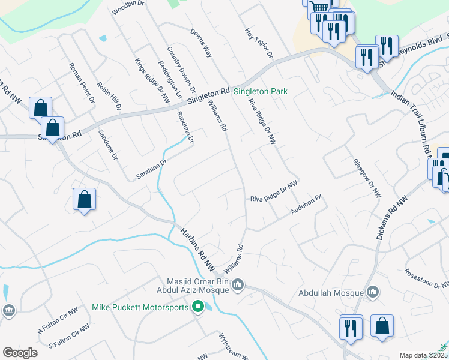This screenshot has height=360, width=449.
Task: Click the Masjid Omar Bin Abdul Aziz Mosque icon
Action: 238,284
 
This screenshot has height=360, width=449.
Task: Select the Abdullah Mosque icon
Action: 373,293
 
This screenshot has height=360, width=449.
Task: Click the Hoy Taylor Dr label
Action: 259,43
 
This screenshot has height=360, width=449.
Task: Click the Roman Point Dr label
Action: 82,83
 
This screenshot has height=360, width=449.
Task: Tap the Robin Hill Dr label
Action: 109,96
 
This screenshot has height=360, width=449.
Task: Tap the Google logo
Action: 20,353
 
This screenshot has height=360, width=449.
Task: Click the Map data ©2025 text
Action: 423,355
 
